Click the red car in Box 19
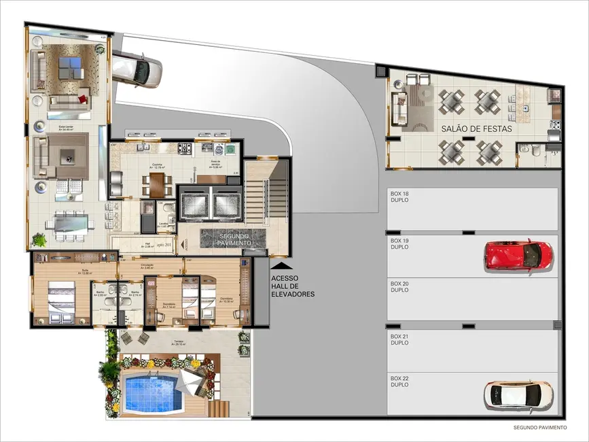pyautogui.click(x=519, y=254)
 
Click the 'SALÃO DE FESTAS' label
pyautogui.click(x=476, y=129)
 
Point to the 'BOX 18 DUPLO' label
pyautogui.click(x=399, y=197)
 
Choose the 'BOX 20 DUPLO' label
pyautogui.click(x=399, y=287)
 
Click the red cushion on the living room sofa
pyautogui.click(x=82, y=100)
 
